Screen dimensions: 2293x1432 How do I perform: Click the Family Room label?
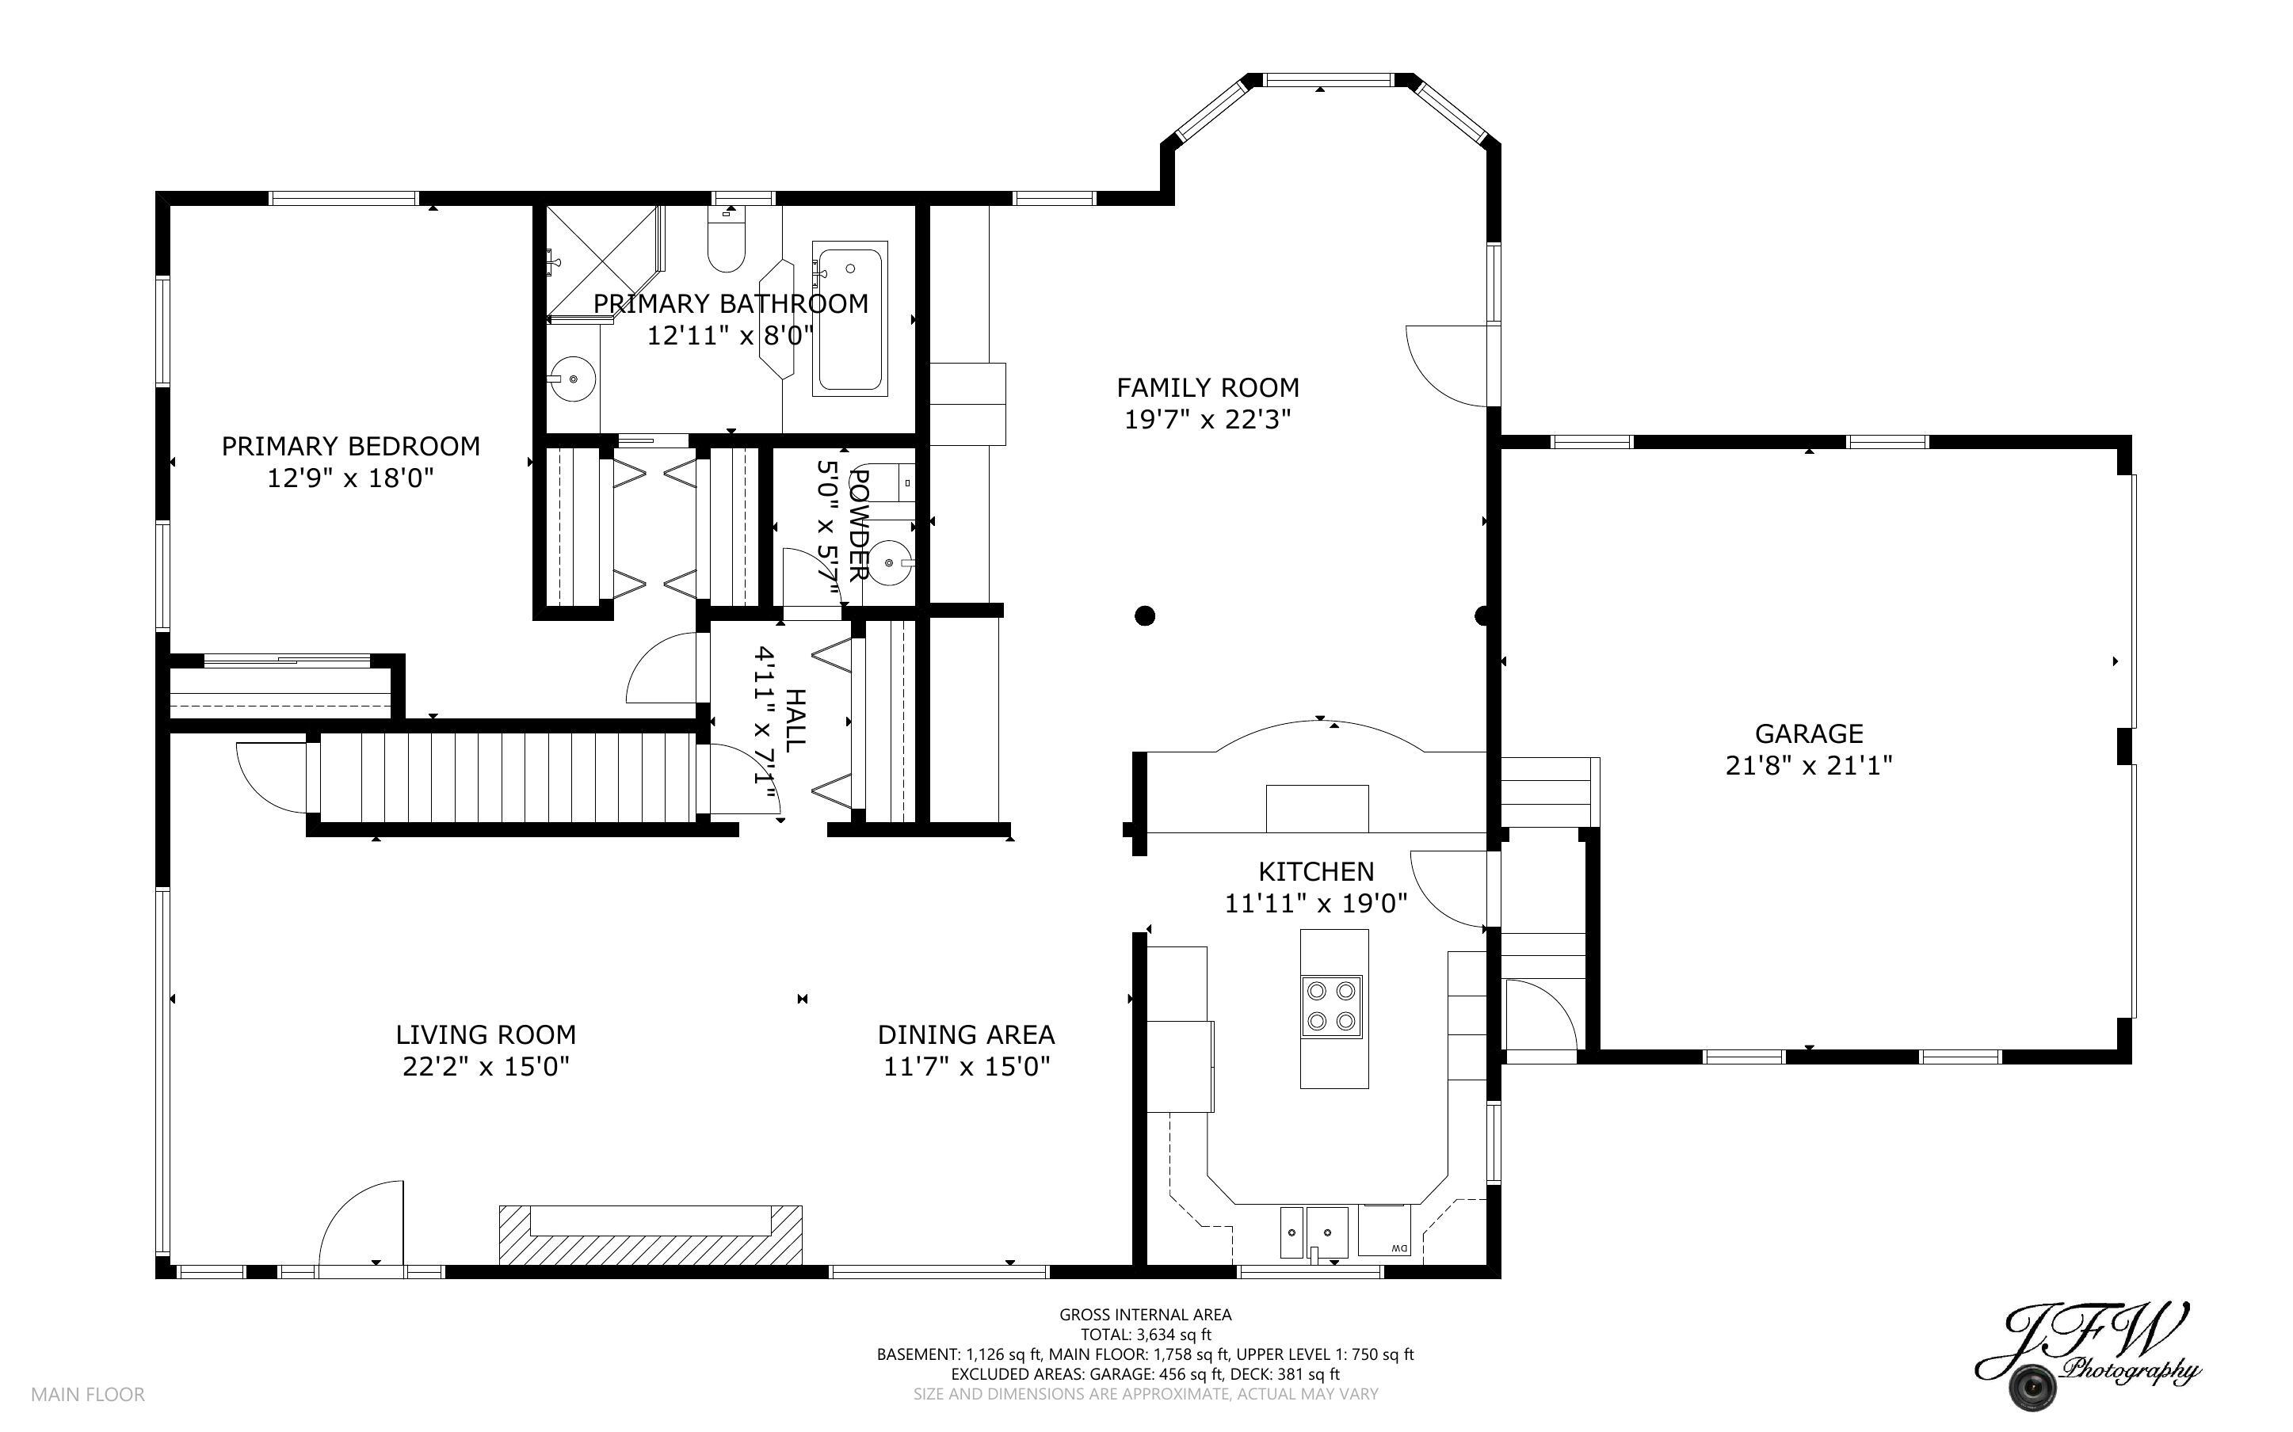tap(1208, 387)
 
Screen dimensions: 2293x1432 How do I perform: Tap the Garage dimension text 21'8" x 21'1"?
tap(1809, 765)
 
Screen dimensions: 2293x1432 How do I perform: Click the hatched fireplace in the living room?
tap(651, 1234)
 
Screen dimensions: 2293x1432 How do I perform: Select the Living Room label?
tap(486, 1034)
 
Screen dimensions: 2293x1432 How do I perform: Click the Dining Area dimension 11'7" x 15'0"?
tap(967, 1066)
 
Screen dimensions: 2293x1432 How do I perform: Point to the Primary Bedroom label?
tap(350, 446)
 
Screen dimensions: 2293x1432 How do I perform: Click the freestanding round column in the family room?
tap(1145, 615)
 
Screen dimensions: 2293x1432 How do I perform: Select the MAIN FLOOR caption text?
tap(88, 1394)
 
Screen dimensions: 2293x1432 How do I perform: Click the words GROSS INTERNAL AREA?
tap(1145, 1315)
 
